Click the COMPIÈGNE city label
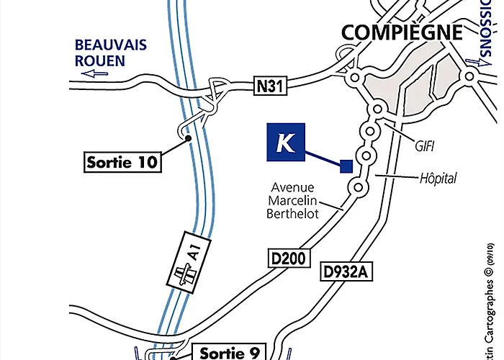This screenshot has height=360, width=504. pos(401,32)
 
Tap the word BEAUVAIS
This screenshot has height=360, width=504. pos(111,45)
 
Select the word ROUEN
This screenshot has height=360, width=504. pos(100,60)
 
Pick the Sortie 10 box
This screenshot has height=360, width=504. pos(122,161)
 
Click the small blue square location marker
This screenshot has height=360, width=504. pos(346,167)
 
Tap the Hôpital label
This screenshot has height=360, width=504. pos(438,178)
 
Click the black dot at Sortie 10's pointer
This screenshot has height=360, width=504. pos(188,138)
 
